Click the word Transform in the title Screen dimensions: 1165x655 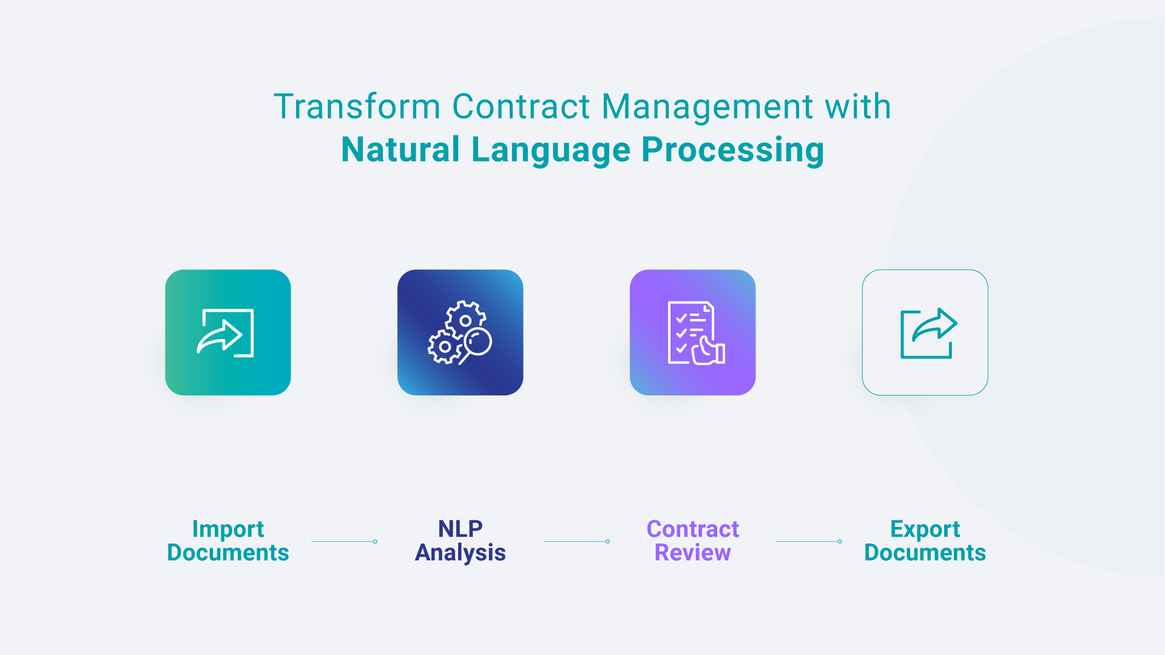click(x=356, y=107)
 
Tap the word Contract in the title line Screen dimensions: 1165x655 click(x=521, y=107)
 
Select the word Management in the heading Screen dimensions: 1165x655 click(x=707, y=107)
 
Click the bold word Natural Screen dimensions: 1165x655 click(x=400, y=150)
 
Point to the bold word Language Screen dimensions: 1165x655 click(x=551, y=150)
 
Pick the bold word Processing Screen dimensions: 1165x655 click(x=732, y=150)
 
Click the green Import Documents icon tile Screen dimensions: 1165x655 click(x=228, y=332)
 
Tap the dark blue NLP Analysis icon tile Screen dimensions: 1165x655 click(x=460, y=332)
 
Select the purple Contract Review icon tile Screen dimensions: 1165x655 click(x=692, y=332)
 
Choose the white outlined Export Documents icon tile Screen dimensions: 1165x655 click(x=925, y=332)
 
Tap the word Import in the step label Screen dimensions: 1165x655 click(x=228, y=529)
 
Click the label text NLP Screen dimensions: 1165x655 click(x=460, y=529)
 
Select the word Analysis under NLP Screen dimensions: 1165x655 click(x=460, y=553)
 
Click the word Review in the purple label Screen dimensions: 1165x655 click(x=692, y=553)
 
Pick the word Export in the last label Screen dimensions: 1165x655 click(x=925, y=529)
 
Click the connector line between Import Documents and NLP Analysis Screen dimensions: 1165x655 click(x=343, y=541)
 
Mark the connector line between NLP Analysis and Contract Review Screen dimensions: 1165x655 click(x=576, y=541)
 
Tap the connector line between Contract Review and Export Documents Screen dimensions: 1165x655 click(x=808, y=541)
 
